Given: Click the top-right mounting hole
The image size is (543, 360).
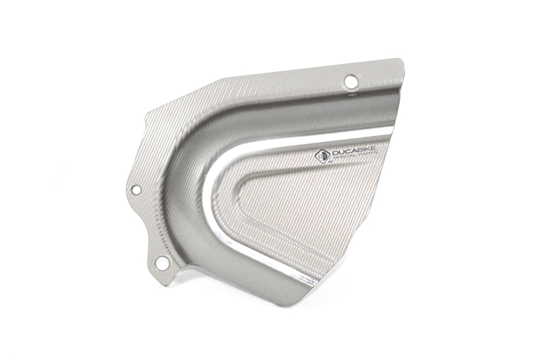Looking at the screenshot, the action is point(351,82).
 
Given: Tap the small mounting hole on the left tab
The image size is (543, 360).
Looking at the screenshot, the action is point(136,190).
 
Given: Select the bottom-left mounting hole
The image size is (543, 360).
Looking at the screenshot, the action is point(162,262).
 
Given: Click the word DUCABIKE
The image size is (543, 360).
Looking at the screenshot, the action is point(354,151).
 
